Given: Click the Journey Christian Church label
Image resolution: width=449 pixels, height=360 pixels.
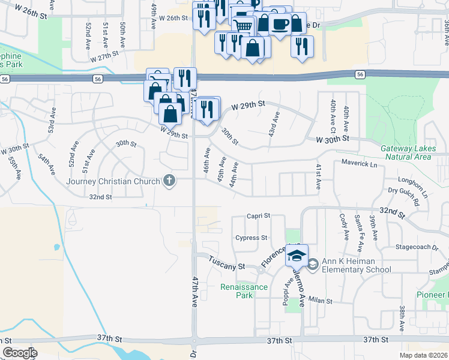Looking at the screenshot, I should [113, 182].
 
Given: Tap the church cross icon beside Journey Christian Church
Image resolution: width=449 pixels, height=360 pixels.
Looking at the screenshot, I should [170, 181].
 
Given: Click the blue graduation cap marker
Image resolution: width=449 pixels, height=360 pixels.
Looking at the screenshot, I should [297, 256].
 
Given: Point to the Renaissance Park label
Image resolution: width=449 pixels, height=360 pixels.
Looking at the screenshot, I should [244, 291].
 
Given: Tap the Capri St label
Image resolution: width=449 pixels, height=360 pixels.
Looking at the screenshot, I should [259, 215].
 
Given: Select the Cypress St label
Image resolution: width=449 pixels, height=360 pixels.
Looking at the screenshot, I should [251, 238].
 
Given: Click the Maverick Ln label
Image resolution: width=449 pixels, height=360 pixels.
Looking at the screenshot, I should [359, 163].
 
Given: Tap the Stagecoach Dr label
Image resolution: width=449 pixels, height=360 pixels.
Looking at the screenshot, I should [421, 247].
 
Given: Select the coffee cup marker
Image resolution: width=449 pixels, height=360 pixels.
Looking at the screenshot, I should [280, 25].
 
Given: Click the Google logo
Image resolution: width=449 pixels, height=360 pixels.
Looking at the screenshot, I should [20, 352].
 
